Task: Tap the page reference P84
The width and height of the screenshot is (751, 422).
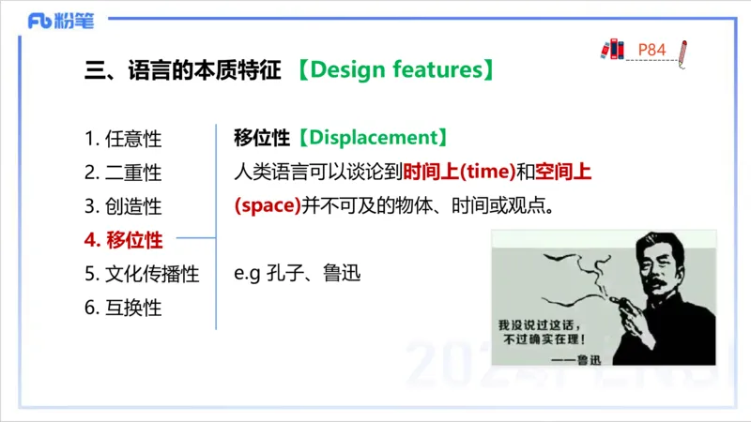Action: click(x=651, y=49)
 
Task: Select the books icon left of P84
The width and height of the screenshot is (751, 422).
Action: click(x=612, y=49)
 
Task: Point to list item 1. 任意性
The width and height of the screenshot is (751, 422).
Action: click(x=123, y=139)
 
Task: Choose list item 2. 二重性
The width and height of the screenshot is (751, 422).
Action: click(x=123, y=173)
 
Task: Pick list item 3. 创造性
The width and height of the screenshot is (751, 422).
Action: click(x=123, y=206)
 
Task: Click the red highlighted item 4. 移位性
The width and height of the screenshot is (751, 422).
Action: click(x=123, y=240)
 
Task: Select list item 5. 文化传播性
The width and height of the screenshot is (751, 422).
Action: click(x=142, y=274)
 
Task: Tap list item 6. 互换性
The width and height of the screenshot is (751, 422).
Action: click(x=123, y=308)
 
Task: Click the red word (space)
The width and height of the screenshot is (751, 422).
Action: click(x=267, y=205)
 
